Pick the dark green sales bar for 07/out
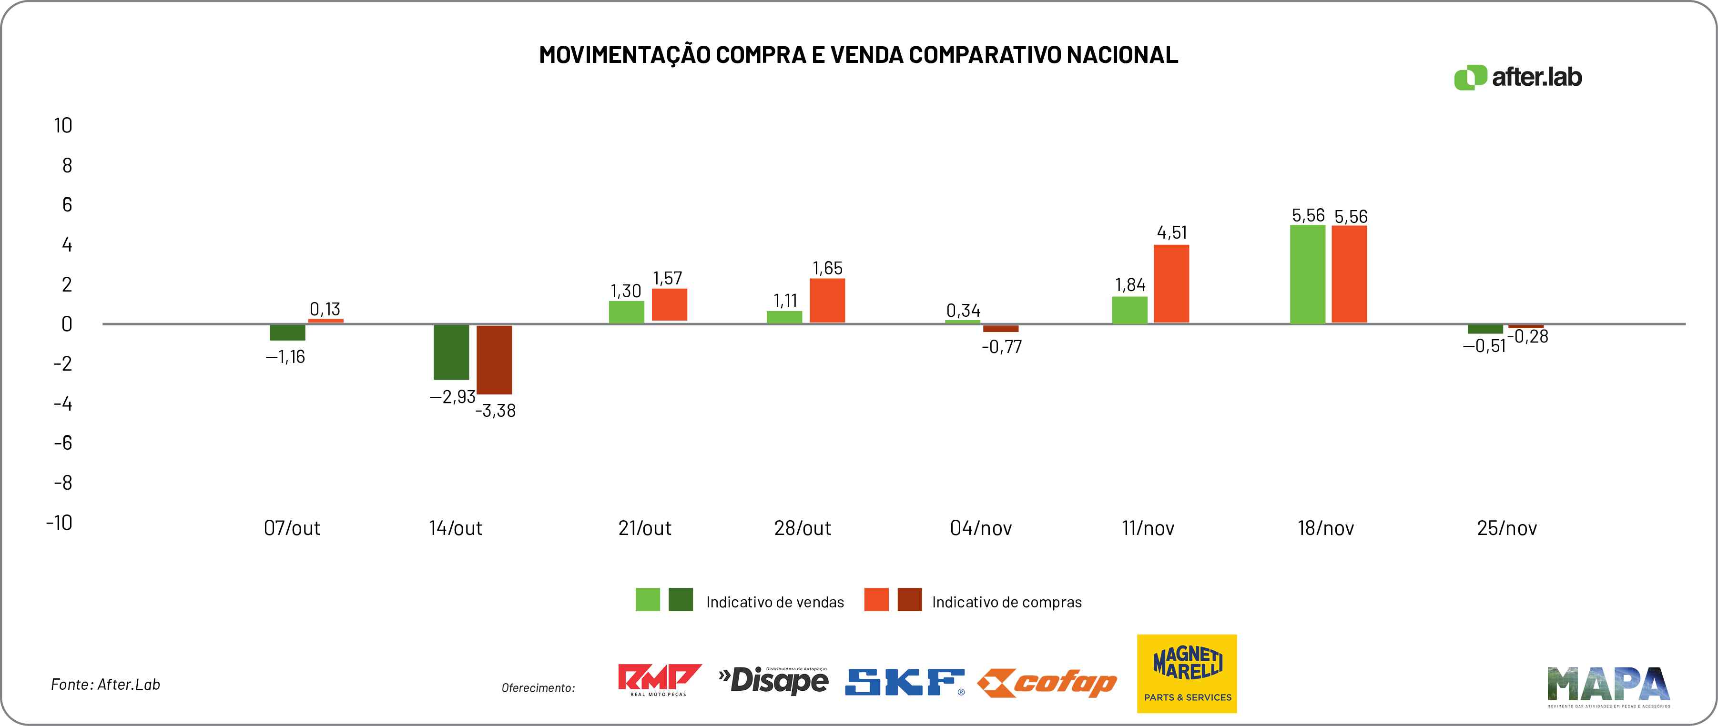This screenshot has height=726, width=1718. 287,332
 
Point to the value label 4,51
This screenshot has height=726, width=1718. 1172,232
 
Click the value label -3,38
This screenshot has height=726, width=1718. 496,411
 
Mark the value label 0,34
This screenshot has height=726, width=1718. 963,311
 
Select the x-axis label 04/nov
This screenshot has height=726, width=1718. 980,528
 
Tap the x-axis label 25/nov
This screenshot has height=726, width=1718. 1506,528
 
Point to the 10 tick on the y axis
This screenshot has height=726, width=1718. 63,125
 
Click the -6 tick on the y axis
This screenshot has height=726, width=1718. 63,443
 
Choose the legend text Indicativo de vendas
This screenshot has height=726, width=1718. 775,602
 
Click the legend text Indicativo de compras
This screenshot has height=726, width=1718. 1006,602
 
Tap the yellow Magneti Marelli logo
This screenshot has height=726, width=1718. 1187,673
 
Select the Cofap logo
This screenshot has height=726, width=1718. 1047,683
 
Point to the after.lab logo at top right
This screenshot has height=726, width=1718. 1518,77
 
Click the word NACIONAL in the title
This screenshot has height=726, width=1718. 1122,55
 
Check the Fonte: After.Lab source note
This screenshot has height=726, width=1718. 105,685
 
